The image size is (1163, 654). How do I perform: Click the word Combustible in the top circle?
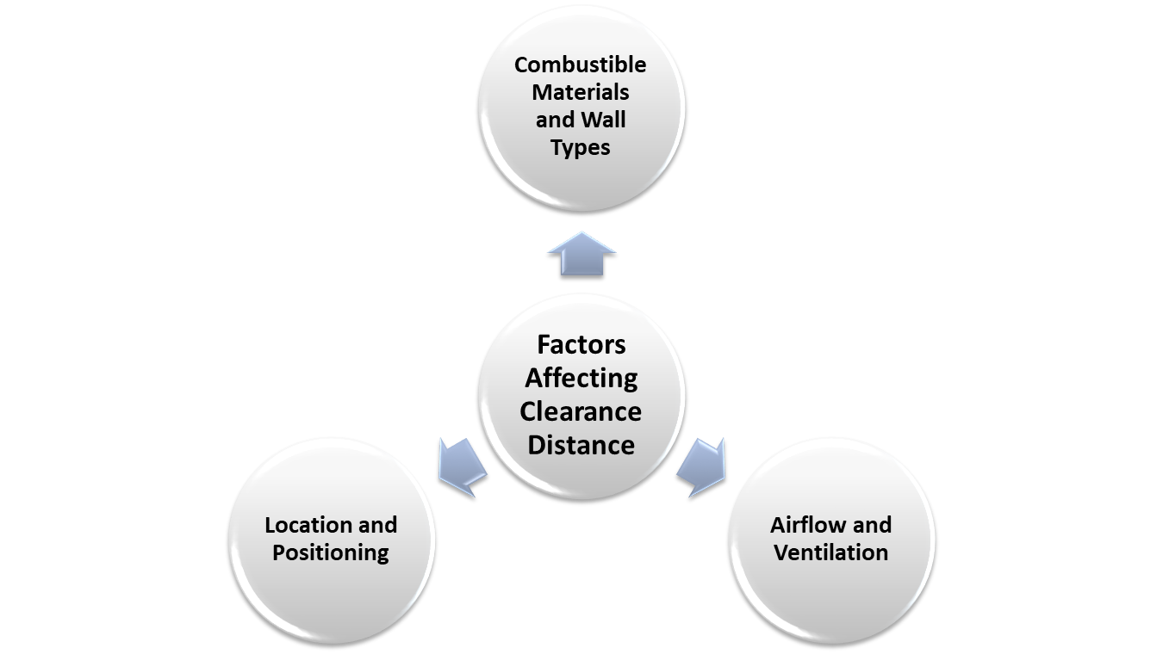click(580, 65)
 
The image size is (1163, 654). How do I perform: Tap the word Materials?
click(580, 92)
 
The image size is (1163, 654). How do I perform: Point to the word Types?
click(580, 147)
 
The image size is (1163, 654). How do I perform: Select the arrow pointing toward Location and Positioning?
click(462, 467)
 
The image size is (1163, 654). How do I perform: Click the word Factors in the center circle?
click(581, 344)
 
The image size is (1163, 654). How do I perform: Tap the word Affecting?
click(581, 378)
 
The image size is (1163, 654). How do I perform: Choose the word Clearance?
click(581, 411)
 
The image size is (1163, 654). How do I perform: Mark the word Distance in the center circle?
click(581, 445)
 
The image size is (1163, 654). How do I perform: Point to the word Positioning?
click(331, 552)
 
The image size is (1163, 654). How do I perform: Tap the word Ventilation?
click(830, 552)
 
